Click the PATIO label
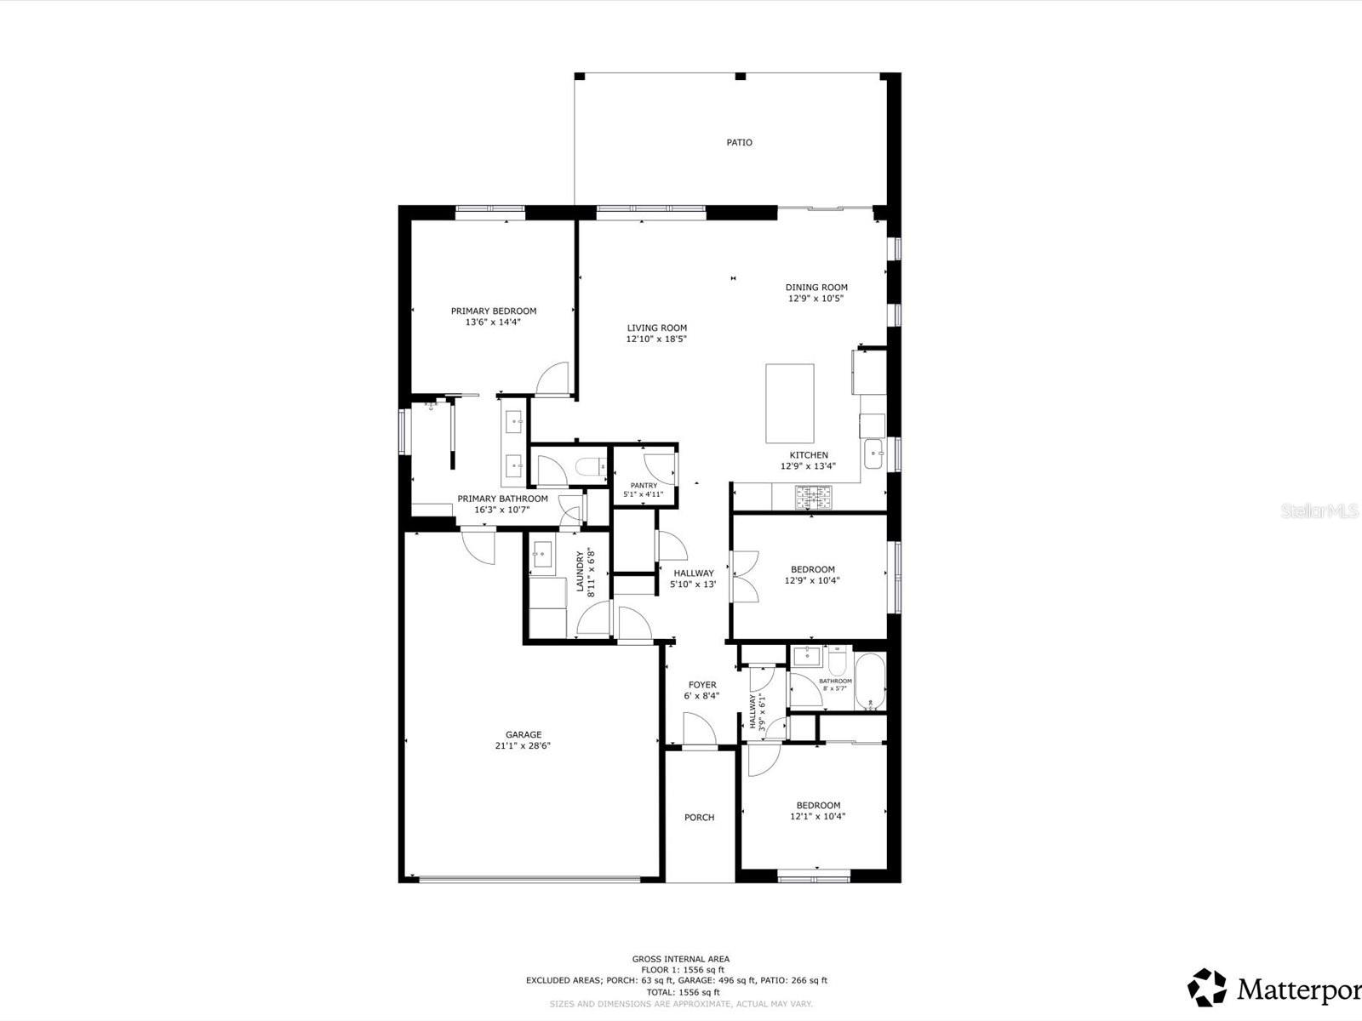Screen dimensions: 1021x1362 (739, 143)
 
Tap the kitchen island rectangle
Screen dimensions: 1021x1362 (789, 403)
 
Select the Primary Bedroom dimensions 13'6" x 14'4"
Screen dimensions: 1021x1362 (493, 322)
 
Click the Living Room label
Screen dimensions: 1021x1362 (656, 328)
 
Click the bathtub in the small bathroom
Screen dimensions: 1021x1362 (870, 682)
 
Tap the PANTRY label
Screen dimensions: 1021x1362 (644, 485)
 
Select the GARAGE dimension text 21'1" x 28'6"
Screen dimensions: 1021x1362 (523, 746)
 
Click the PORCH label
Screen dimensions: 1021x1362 (699, 818)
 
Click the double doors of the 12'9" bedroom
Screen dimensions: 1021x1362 (743, 577)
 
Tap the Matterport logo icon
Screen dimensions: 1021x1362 (1207, 987)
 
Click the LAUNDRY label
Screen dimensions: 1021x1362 (580, 571)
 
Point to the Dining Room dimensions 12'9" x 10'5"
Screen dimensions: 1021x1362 (816, 299)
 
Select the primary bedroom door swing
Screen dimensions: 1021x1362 (553, 379)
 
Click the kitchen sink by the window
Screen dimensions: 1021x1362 (875, 454)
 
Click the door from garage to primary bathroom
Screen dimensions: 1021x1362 (478, 546)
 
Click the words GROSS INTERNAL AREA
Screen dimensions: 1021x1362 (680, 959)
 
